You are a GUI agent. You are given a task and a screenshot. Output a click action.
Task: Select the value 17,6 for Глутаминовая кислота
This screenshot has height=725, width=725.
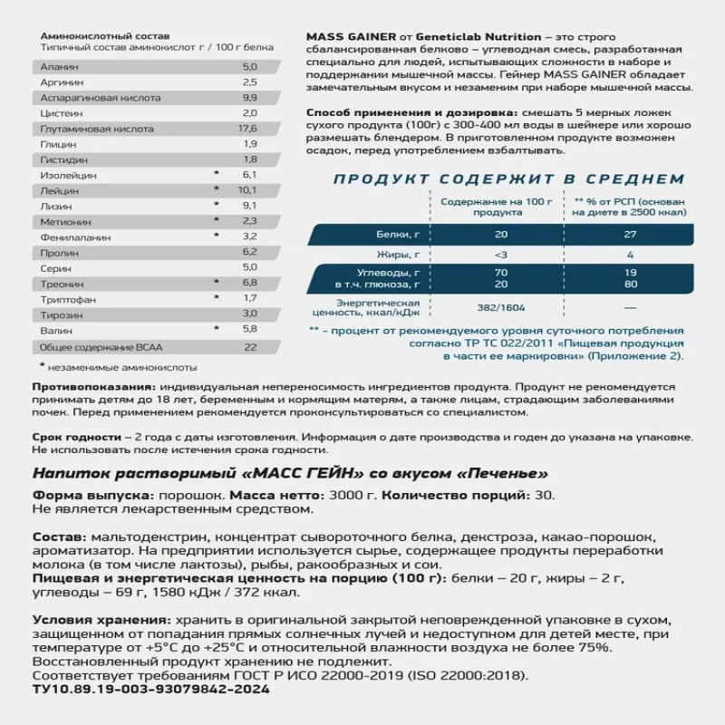click(249, 128)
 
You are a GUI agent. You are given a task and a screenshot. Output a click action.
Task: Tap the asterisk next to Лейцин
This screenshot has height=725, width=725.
click(216, 189)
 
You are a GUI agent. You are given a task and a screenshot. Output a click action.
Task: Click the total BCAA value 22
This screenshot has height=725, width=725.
click(250, 347)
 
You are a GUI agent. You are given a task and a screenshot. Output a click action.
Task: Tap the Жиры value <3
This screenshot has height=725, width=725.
click(477, 255)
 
